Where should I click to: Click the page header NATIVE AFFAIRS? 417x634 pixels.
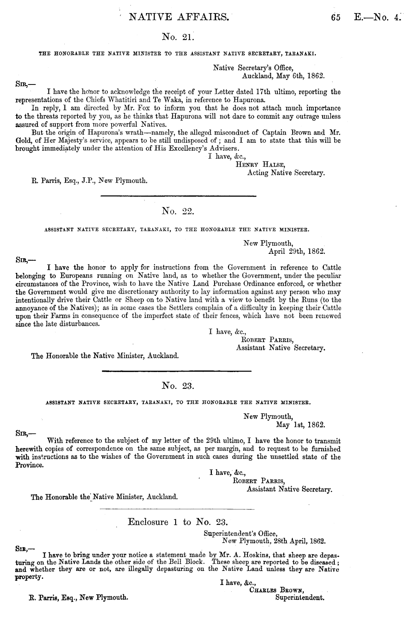(x=178, y=17)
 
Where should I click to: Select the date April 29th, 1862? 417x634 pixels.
(x=297, y=252)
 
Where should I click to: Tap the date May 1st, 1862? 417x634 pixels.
(x=300, y=425)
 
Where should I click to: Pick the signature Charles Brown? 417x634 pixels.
(x=276, y=590)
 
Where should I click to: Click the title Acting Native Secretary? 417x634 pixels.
(x=286, y=173)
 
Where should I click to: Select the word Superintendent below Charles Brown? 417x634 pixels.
(x=299, y=597)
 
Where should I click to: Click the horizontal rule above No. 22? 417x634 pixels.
(x=178, y=196)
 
